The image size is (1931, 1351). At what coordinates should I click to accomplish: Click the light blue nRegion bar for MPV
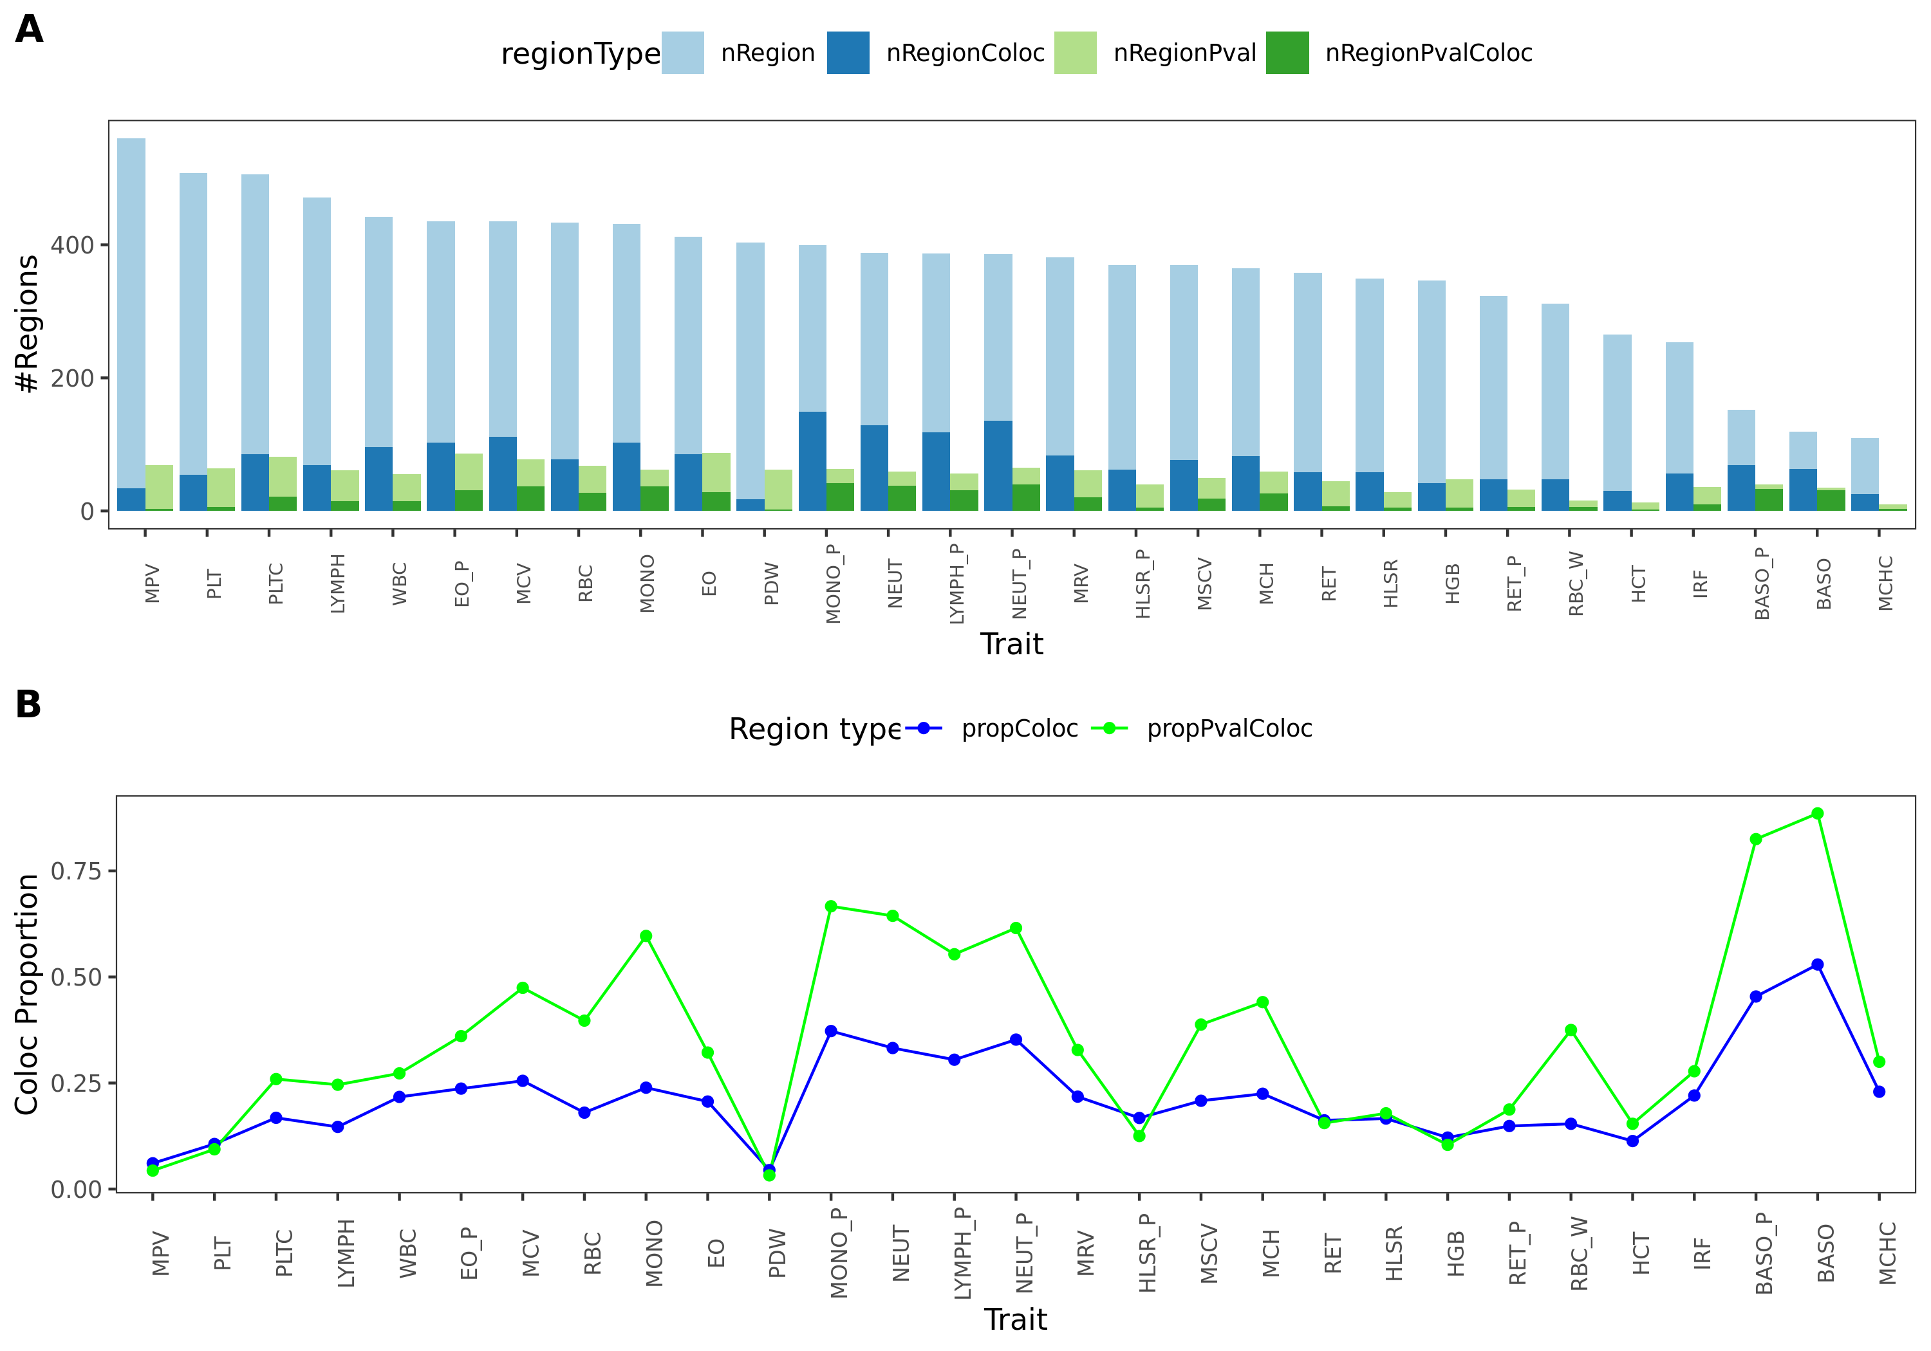[x=131, y=311]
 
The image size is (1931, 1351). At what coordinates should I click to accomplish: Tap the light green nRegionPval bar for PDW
[x=778, y=490]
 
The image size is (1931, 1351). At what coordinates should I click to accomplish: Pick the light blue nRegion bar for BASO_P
[x=1741, y=437]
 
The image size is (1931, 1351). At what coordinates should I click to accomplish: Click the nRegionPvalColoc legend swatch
[x=1287, y=53]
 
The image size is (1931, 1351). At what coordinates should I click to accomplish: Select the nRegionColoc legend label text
[x=965, y=53]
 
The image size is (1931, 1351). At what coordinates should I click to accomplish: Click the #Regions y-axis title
[x=27, y=324]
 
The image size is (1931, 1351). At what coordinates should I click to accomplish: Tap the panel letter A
[x=30, y=30]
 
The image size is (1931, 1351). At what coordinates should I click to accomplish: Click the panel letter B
[x=28, y=704]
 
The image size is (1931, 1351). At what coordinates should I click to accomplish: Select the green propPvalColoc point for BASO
[x=1818, y=814]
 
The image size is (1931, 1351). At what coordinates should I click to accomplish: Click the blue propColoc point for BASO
[x=1818, y=964]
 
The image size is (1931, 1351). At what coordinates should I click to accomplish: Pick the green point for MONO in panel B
[x=646, y=935]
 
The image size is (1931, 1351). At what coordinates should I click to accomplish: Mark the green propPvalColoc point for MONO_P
[x=831, y=906]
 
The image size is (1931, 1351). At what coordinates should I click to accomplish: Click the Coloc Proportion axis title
[x=27, y=994]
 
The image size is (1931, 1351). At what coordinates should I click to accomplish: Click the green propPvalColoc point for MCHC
[x=1879, y=1061]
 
